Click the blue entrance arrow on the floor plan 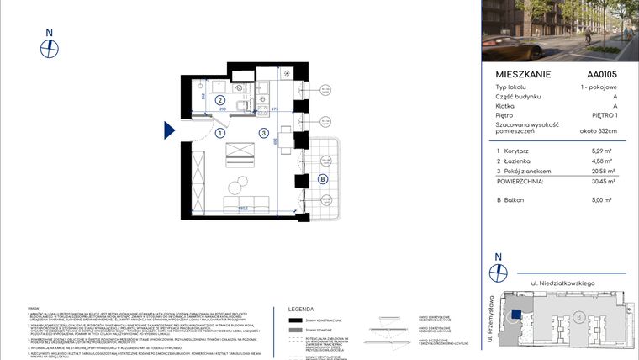[169, 130]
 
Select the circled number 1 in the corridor [220, 133]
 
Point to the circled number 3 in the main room [264, 133]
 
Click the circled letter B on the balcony [323, 178]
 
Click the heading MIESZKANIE [523, 74]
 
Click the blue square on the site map [517, 312]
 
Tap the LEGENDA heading [300, 308]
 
